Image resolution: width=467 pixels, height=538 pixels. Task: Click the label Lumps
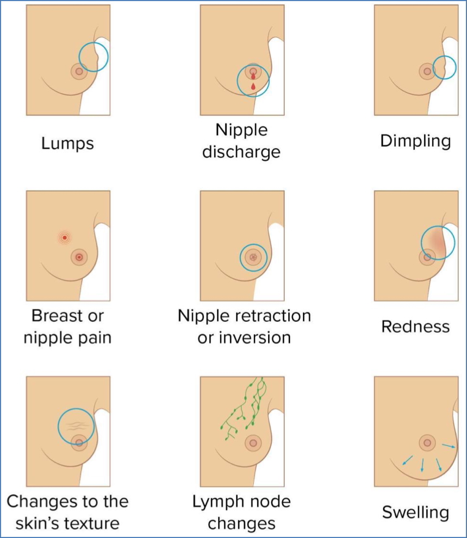click(68, 143)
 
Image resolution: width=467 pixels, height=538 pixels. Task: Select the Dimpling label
click(416, 141)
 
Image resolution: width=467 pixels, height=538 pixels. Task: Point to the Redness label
click(416, 326)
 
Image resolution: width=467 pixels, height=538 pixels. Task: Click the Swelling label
click(416, 512)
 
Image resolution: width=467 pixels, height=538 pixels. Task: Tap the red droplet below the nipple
click(253, 86)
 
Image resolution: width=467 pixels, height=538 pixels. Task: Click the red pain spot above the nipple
click(65, 237)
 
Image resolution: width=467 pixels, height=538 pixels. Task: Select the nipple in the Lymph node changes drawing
click(253, 443)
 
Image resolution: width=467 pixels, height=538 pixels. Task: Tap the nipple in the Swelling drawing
click(427, 443)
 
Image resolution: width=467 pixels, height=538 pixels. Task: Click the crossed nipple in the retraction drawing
click(253, 257)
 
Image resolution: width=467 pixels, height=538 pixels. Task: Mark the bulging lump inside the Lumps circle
click(98, 54)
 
